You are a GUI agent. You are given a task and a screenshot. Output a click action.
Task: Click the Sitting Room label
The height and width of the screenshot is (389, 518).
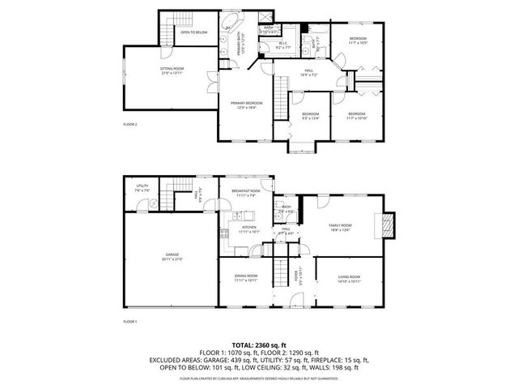171,69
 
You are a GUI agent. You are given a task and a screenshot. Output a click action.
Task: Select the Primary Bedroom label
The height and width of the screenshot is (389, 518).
247,103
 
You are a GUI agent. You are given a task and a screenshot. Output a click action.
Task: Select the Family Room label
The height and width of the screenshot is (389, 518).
340,225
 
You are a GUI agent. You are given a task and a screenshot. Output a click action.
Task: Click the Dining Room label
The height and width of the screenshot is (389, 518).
245,278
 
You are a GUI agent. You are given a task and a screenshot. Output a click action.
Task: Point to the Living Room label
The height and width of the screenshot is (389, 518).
349,278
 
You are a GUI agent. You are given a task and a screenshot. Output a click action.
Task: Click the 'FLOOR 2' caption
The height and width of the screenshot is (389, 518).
130,124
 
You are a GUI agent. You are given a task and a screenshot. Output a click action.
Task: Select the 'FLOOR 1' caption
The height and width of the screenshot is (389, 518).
130,323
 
